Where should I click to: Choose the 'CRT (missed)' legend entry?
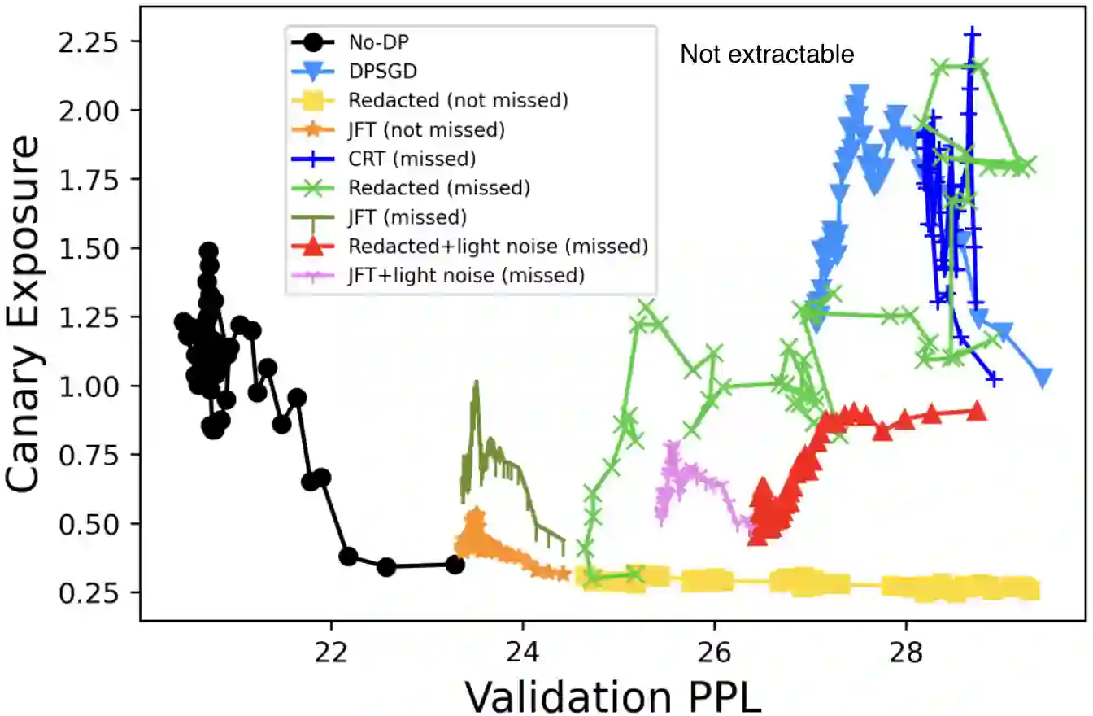[x=412, y=158]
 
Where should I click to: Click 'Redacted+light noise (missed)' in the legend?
[x=498, y=246]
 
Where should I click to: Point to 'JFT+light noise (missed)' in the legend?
[x=466, y=275]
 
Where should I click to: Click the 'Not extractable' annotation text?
[x=767, y=55]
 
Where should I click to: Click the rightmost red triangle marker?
[x=977, y=412]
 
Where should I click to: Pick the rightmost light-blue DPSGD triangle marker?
[x=1043, y=376]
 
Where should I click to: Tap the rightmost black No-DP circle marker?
[x=455, y=564]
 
